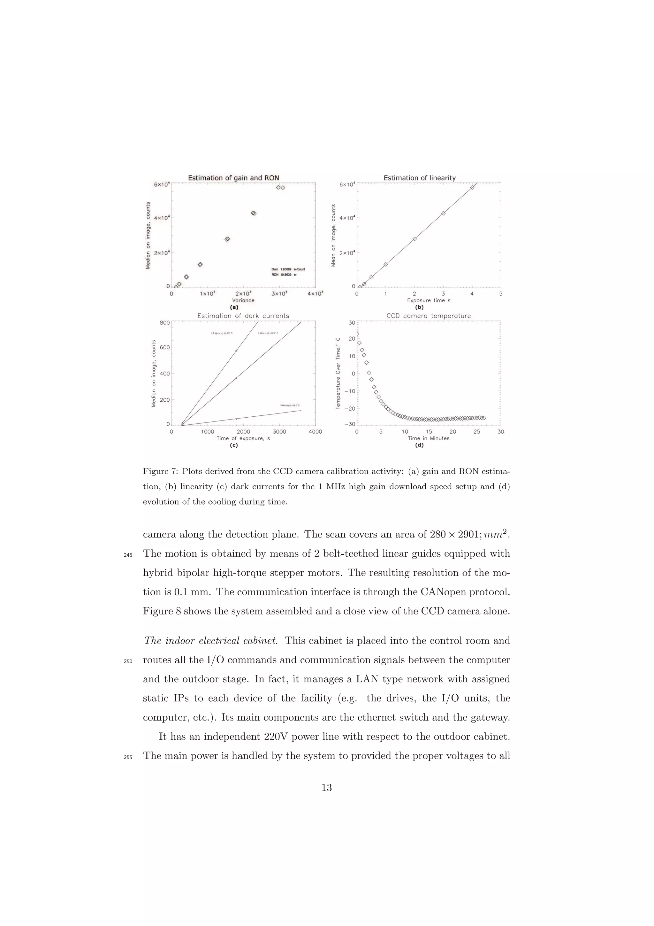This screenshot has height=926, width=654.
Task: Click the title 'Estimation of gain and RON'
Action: pos(233,178)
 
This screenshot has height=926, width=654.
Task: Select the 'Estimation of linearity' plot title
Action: pos(420,178)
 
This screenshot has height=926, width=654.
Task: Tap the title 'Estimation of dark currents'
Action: pos(243,316)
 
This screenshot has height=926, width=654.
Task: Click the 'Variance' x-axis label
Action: pos(243,300)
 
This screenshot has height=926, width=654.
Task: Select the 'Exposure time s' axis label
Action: pos(428,300)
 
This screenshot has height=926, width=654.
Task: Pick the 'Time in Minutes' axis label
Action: pos(428,438)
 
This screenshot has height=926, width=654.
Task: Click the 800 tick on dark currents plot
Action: pos(164,323)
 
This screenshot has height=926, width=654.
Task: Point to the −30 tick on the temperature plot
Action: pos(349,424)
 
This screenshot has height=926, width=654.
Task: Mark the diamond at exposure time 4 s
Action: pos(472,188)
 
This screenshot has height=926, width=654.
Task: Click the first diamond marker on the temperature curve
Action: pos(357,334)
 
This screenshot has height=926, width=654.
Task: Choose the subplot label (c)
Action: pos(234,445)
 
